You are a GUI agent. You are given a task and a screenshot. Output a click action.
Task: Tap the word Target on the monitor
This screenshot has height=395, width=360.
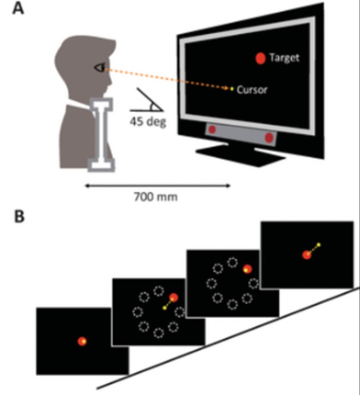(x=284, y=58)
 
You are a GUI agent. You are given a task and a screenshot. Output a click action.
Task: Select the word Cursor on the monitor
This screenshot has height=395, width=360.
(x=252, y=89)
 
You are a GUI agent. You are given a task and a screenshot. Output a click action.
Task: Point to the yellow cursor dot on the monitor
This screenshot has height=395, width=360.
(x=232, y=89)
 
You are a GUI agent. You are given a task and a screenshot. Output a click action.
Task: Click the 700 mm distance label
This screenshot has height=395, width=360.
(x=156, y=197)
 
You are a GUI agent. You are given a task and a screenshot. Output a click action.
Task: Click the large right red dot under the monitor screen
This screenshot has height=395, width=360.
(x=269, y=137)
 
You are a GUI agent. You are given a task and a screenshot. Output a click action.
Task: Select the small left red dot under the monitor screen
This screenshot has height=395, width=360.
(x=212, y=129)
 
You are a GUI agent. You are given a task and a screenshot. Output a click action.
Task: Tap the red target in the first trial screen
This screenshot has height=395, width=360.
(x=82, y=341)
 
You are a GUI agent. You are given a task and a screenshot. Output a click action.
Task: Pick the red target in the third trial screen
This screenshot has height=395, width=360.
(x=247, y=269)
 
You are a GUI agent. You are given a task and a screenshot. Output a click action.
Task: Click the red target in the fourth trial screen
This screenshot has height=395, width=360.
(x=307, y=255)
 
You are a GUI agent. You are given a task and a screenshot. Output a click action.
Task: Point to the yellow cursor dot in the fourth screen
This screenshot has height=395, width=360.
(x=319, y=245)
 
